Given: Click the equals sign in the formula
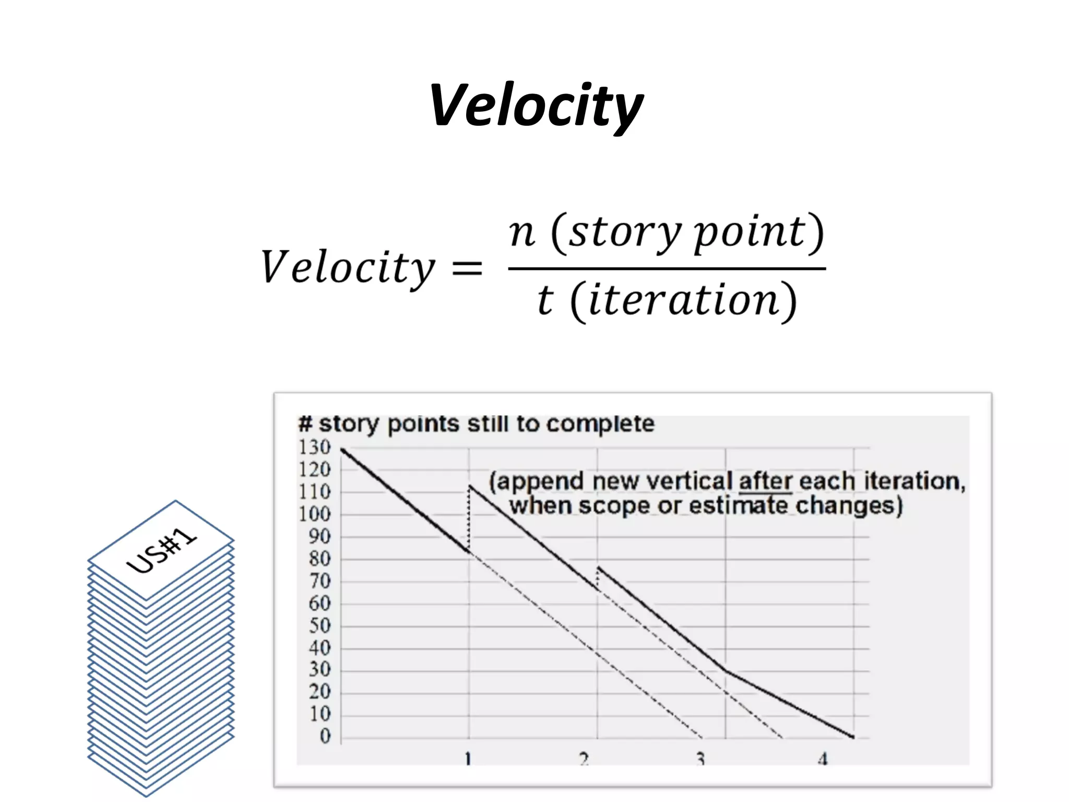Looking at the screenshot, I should click(467, 268).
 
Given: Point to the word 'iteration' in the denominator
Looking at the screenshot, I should click(683, 301).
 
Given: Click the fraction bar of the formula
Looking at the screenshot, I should click(667, 269).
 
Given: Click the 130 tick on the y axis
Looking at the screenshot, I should click(315, 447).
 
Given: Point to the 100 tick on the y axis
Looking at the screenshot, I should click(315, 514).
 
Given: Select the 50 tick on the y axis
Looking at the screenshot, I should click(319, 626).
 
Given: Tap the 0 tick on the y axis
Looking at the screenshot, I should click(325, 736).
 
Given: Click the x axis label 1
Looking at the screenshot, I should click(468, 759).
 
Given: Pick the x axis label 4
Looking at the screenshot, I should click(823, 759).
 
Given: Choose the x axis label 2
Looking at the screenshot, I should click(584, 759).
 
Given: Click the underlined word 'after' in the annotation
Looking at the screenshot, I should click(765, 481).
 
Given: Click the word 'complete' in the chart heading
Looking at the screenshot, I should click(600, 424).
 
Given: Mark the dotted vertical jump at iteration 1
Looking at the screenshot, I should click(469, 517).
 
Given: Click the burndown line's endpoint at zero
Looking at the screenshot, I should click(853, 737).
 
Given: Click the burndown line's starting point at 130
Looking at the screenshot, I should click(342, 449).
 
